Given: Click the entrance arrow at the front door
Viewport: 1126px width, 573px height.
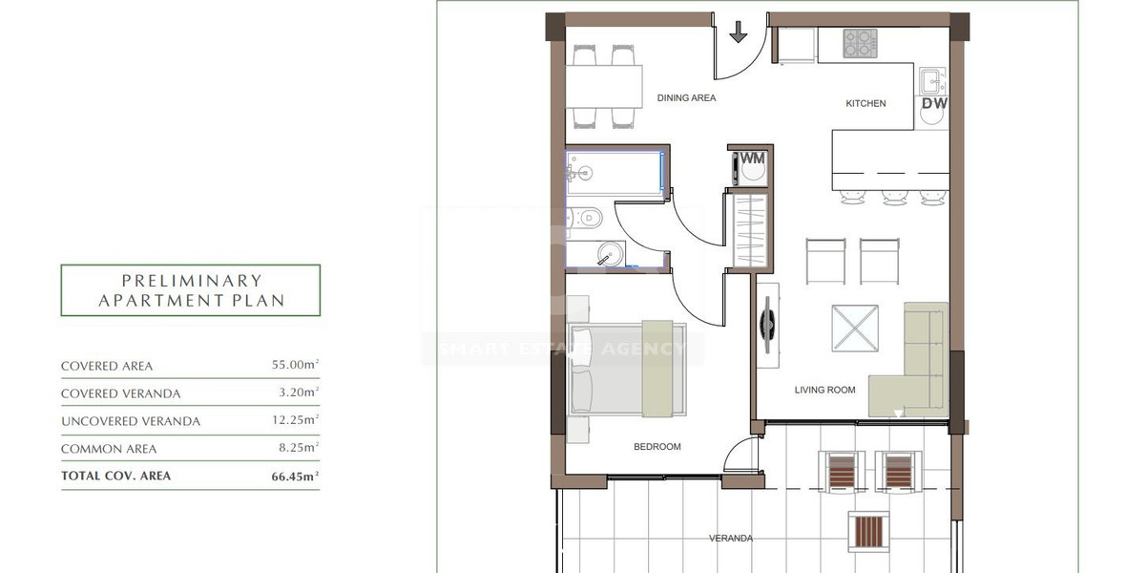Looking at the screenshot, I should tap(739, 33).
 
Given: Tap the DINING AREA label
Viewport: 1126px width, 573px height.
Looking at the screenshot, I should tap(686, 98).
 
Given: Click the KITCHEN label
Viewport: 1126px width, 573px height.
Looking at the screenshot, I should tap(865, 103).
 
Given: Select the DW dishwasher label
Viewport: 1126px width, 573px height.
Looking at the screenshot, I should tap(933, 103).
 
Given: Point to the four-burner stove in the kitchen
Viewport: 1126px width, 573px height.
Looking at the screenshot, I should tap(861, 43).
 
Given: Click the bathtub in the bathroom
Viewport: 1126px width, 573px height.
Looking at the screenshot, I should tap(615, 173).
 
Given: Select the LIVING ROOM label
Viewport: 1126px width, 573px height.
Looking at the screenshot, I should tap(824, 390).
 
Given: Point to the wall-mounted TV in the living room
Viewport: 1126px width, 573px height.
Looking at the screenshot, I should tap(767, 325).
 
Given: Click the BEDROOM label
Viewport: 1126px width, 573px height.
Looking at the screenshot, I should tap(657, 447).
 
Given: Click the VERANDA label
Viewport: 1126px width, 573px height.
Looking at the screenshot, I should tap(730, 539).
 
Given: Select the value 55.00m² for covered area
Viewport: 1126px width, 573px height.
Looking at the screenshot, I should tap(295, 366).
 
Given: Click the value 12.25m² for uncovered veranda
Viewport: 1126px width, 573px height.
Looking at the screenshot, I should tap(295, 420).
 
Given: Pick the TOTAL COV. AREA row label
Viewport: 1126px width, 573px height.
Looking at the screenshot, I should tap(115, 476).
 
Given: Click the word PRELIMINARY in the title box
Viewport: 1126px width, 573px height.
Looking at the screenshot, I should tap(191, 281).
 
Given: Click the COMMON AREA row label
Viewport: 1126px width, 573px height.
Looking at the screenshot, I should tap(108, 449).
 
